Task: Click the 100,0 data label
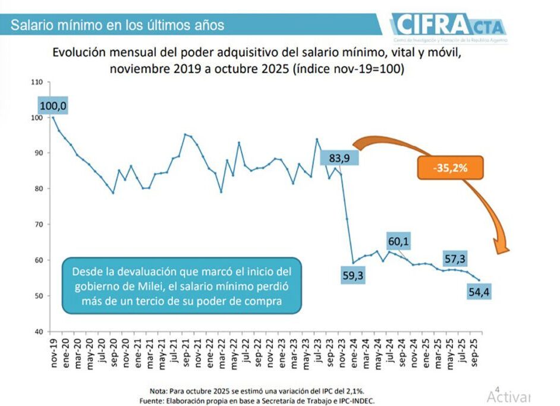point(53,106)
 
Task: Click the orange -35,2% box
point(449,168)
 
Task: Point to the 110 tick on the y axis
point(37,81)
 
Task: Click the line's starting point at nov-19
point(54,118)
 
